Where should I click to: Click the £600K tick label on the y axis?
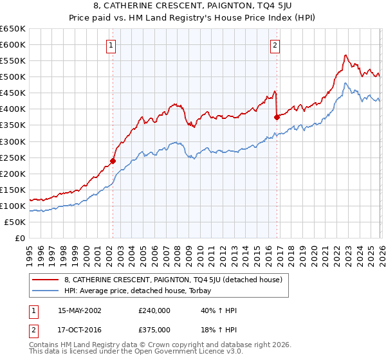13,45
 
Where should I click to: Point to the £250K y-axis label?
13,157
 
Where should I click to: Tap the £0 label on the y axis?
19,238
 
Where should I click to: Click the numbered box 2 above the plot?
275,45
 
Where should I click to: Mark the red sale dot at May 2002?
113,161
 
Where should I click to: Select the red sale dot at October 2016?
277,117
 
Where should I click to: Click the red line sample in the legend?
46,280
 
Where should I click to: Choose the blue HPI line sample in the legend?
46,291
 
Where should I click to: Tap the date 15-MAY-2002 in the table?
80,310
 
